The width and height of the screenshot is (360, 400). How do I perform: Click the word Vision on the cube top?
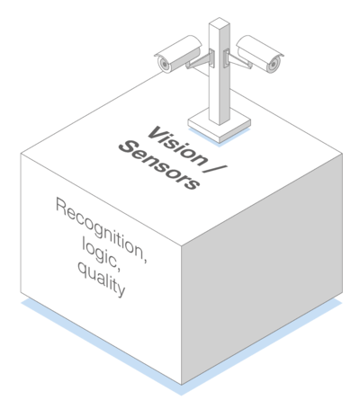[177, 146]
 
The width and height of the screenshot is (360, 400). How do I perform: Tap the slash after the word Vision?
[215, 169]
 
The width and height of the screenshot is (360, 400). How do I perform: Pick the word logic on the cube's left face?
[102, 256]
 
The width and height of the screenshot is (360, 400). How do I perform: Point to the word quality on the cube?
[101, 280]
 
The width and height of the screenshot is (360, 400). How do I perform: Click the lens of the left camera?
[164, 64]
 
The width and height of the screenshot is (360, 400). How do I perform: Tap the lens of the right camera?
[274, 64]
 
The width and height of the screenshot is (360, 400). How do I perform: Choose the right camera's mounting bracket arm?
[238, 60]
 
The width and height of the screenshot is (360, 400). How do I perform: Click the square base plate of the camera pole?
[220, 125]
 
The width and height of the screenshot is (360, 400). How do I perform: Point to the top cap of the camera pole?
[220, 23]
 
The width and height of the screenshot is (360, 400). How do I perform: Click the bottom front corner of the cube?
[181, 385]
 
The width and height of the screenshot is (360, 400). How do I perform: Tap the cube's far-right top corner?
[342, 154]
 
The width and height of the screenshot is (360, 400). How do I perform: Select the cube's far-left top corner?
[21, 154]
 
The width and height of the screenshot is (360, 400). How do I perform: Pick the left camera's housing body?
[178, 53]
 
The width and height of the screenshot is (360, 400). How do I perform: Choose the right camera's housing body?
[260, 53]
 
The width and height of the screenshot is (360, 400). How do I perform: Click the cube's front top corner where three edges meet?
[181, 246]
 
